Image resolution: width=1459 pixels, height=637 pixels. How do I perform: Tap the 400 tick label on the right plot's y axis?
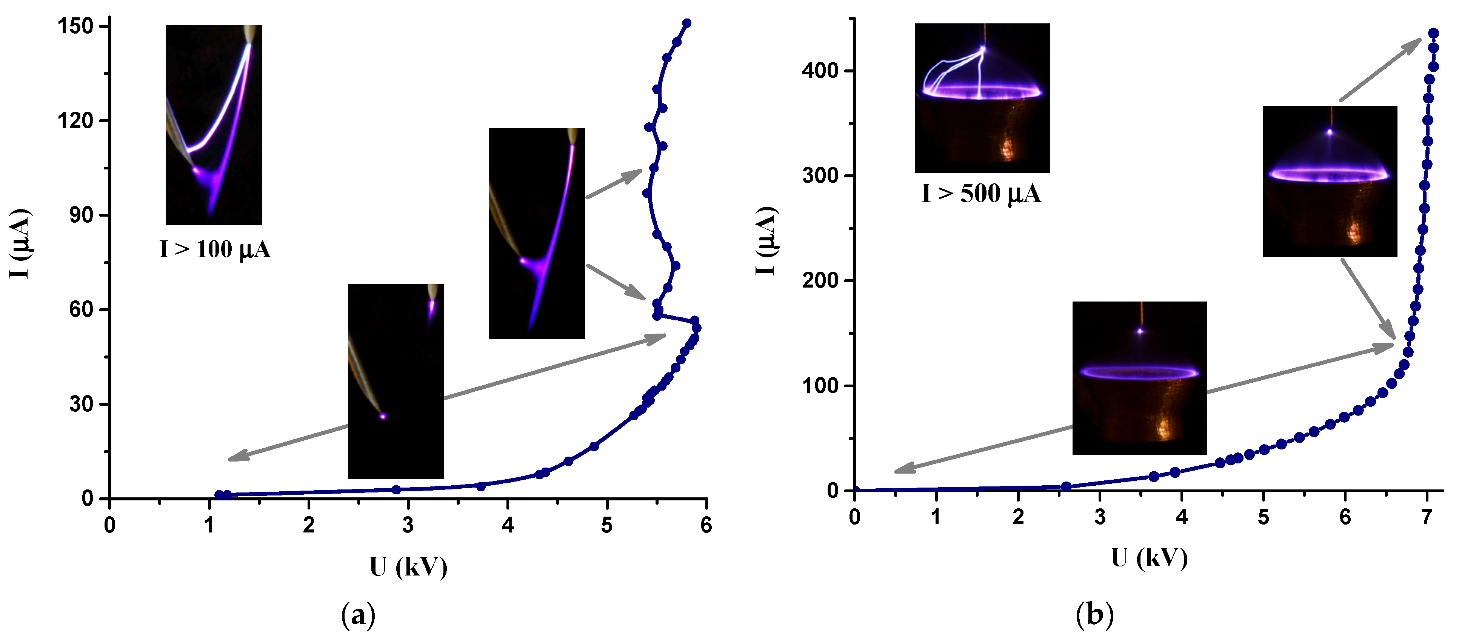tap(820, 71)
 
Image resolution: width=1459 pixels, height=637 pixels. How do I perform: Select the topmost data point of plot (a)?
tap(686, 23)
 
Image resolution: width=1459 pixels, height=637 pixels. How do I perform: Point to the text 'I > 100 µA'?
tap(215, 249)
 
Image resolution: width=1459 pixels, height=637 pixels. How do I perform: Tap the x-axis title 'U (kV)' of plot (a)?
tap(408, 567)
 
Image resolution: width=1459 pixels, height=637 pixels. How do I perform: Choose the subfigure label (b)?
tap(1094, 614)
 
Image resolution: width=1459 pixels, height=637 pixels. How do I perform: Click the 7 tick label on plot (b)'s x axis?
tap(1427, 517)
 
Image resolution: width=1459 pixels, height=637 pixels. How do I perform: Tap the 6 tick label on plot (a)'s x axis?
tap(706, 525)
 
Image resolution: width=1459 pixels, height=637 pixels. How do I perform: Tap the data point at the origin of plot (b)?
tap(855, 490)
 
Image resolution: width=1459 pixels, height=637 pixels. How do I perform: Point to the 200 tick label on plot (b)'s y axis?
tap(820, 280)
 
